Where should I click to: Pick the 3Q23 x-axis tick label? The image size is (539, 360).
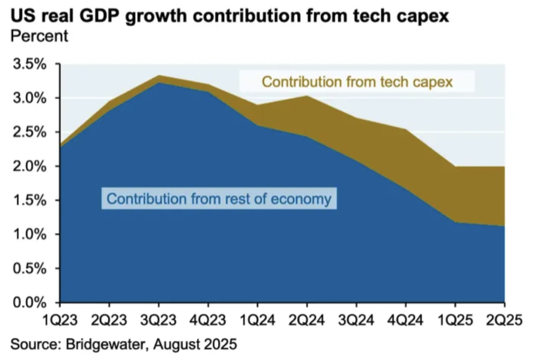(x=158, y=320)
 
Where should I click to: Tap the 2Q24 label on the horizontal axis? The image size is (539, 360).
(x=306, y=320)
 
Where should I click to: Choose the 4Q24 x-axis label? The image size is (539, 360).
(x=405, y=320)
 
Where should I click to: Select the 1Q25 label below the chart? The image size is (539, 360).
(x=455, y=320)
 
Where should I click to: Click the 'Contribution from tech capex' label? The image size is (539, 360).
(x=357, y=82)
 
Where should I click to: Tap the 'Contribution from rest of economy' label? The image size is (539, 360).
(x=219, y=198)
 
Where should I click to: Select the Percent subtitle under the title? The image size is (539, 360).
(x=39, y=36)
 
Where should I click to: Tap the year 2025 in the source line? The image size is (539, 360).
(x=218, y=345)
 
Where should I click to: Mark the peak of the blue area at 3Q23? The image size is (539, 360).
(x=159, y=83)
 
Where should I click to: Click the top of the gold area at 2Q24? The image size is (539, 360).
(x=306, y=96)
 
